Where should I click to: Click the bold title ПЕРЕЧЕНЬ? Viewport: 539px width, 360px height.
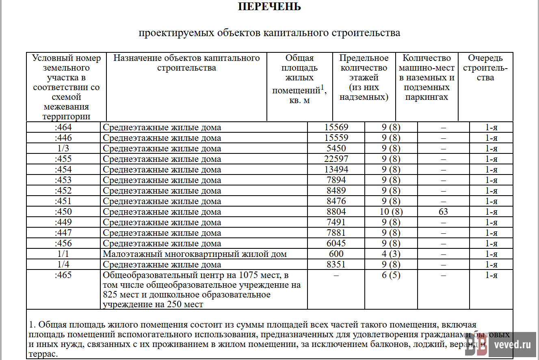269,7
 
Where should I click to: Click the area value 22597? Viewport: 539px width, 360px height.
336,159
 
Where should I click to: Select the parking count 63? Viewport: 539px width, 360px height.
443,211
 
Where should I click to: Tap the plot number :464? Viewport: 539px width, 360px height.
63,127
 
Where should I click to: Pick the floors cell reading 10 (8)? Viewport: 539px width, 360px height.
391,211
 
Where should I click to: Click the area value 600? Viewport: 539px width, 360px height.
336,254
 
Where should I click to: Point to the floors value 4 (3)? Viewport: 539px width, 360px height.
391,254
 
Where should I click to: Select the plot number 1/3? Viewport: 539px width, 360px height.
63,148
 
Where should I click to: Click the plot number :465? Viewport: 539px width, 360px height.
63,275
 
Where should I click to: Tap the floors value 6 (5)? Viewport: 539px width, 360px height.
391,275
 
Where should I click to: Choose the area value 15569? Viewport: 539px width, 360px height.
336,127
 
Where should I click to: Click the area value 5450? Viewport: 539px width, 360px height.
336,148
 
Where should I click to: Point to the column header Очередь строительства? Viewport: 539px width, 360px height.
485,68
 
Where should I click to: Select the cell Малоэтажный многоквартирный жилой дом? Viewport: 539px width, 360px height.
195,254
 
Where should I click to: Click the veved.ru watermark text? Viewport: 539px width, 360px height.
513,345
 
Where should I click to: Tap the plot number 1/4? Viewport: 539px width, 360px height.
63,264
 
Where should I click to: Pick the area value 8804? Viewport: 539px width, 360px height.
336,211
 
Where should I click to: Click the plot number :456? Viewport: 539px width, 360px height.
63,243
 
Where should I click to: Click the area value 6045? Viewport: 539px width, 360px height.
336,243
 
